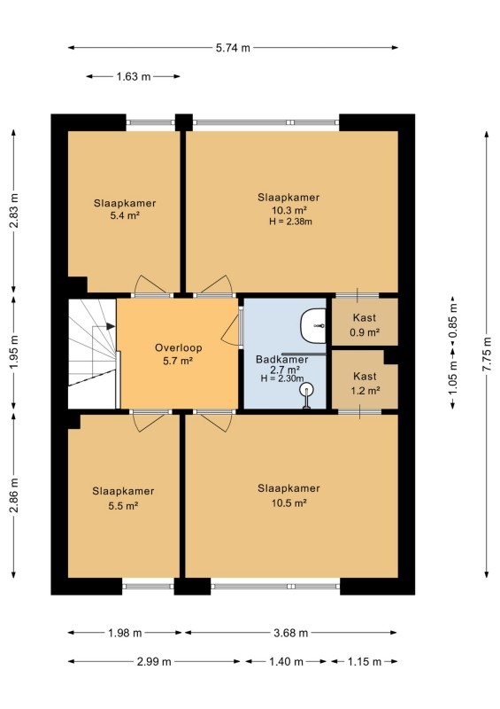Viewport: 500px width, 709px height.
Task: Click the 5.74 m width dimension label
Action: pos(233,48)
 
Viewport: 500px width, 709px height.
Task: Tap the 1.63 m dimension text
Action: pos(134,77)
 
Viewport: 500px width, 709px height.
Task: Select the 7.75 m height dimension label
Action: pos(487,354)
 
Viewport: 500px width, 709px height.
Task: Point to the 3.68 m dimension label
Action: pos(290,633)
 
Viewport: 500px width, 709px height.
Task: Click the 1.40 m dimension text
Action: pos(286,662)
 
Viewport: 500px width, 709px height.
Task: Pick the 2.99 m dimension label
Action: pos(154,662)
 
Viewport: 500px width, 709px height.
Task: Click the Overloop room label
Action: pos(178,347)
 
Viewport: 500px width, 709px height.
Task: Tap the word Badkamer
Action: pos(281,360)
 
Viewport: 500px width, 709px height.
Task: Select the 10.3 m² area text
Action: pos(289,210)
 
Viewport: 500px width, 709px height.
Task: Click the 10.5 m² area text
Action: pos(289,503)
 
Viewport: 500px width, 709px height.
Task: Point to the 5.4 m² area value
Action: pos(125,215)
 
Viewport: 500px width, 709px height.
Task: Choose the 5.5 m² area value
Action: pos(123,505)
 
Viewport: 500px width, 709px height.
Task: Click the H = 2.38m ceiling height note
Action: pos(290,222)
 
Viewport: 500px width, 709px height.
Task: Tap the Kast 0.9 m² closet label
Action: pos(365,325)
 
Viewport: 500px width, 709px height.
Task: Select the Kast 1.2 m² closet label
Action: pos(365,384)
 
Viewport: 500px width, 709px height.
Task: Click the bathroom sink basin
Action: pos(313,325)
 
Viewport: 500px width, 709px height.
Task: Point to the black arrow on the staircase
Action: pos(111,326)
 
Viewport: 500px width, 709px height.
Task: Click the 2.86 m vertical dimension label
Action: pos(14,495)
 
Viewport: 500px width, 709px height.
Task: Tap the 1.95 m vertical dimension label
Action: pos(14,352)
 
